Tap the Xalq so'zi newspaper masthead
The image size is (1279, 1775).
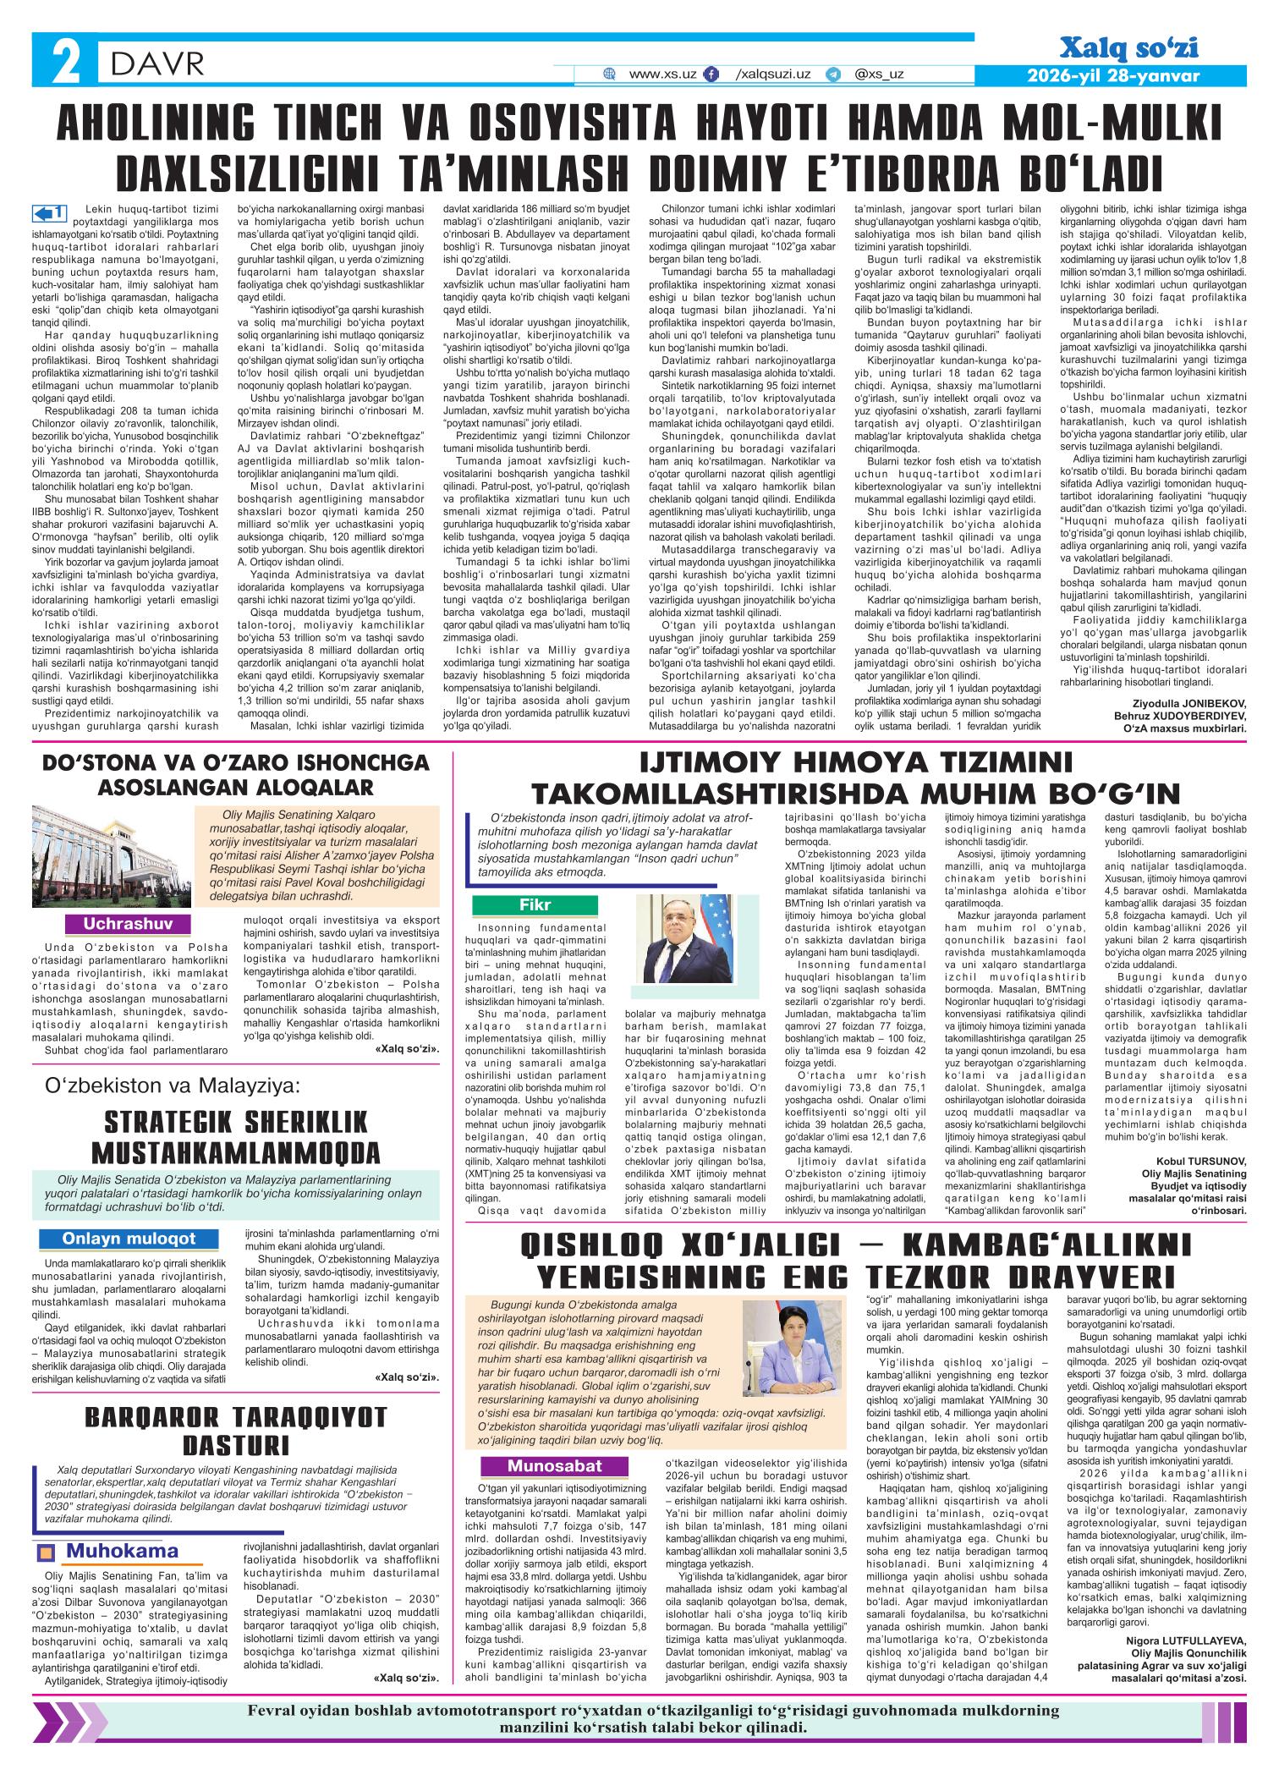click(1128, 49)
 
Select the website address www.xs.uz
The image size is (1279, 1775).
click(662, 74)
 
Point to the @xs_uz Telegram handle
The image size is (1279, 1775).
click(879, 74)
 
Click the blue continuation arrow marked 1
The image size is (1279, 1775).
click(47, 211)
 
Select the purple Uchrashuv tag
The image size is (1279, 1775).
click(128, 924)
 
